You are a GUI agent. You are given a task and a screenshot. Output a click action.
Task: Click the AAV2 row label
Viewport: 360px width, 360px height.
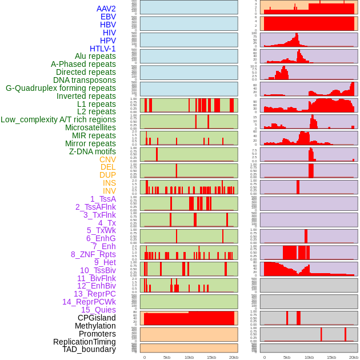pyautogui.click(x=106, y=9)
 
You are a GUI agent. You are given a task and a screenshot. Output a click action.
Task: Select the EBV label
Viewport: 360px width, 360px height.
pyautogui.click(x=108, y=17)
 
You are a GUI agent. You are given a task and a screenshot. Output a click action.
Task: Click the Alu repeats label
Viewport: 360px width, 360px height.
pyautogui.click(x=95, y=57)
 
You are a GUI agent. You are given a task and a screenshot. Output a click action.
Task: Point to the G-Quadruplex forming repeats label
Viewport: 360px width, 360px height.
pyautogui.click(x=61, y=88)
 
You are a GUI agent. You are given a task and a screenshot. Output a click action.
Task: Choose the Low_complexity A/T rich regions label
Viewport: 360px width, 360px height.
pyautogui.click(x=58, y=119)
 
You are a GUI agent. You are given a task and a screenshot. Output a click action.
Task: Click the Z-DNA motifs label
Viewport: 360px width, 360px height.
pyautogui.click(x=93, y=151)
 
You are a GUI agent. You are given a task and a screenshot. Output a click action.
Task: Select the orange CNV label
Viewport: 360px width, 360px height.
pyautogui.click(x=107, y=159)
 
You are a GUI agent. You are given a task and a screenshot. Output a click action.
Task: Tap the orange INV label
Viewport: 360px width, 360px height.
pyautogui.click(x=109, y=191)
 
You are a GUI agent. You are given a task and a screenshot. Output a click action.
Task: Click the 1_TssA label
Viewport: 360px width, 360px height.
pyautogui.click(x=103, y=199)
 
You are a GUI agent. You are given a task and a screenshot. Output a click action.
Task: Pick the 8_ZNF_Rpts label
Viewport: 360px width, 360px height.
pyautogui.click(x=93, y=254)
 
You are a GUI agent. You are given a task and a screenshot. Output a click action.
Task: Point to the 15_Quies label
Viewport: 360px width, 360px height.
pyautogui.click(x=98, y=310)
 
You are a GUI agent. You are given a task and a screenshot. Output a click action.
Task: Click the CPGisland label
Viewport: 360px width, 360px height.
pyautogui.click(x=97, y=318)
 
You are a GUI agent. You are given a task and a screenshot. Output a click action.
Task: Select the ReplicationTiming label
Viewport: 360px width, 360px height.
pyautogui.click(x=85, y=342)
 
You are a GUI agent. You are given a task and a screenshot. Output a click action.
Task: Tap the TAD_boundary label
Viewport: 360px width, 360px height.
pyautogui.click(x=89, y=349)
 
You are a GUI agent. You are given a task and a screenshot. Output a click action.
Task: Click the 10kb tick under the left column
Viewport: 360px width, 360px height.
pyautogui.click(x=189, y=357)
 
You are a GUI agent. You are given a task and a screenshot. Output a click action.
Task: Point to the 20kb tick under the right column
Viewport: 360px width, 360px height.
pyautogui.click(x=354, y=357)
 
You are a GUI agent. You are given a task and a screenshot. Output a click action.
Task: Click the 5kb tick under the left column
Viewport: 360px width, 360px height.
pyautogui.click(x=167, y=357)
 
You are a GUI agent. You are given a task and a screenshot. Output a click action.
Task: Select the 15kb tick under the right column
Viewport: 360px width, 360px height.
pyautogui.click(x=331, y=357)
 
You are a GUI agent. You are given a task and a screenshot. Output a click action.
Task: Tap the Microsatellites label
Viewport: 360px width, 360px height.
pyautogui.click(x=90, y=127)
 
